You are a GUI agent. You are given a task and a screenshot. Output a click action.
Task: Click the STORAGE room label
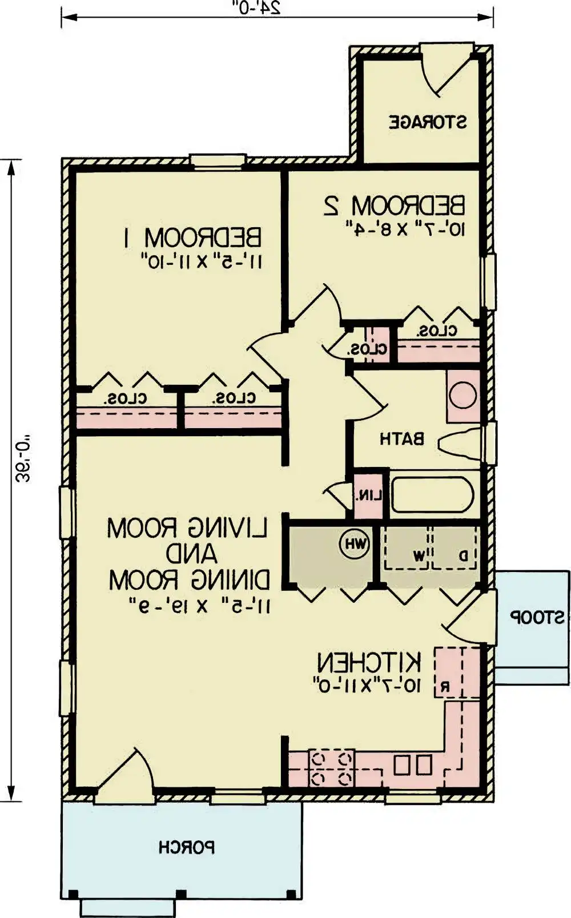428,122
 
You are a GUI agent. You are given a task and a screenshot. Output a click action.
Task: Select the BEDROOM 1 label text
192,237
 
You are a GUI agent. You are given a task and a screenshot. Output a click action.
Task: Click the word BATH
402,439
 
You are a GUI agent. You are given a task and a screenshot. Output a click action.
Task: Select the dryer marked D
464,554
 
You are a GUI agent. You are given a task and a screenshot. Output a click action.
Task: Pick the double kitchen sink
413,765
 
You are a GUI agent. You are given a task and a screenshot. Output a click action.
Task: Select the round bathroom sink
463,396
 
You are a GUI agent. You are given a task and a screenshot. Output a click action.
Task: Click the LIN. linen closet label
368,496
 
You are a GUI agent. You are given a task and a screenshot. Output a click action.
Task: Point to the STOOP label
537,617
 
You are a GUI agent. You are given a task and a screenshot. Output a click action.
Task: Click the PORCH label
187,847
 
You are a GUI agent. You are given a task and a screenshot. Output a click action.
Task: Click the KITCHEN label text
369,663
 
